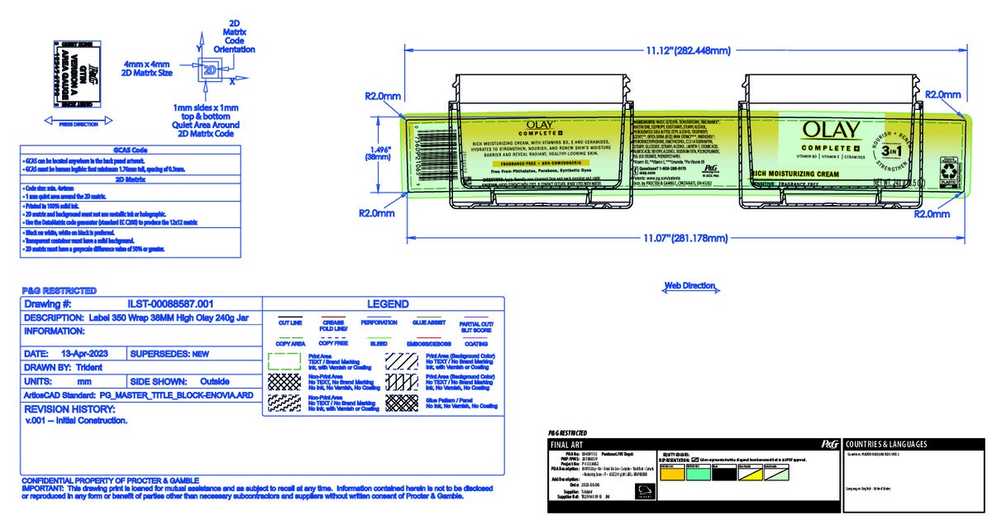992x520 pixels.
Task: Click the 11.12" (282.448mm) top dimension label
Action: coord(689,51)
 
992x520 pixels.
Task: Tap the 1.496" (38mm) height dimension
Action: coord(379,151)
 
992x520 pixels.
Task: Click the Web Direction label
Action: coord(690,286)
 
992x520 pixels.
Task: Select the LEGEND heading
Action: coord(381,303)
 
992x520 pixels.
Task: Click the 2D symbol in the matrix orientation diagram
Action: coord(208,71)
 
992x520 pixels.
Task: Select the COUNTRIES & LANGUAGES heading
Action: coord(885,444)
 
